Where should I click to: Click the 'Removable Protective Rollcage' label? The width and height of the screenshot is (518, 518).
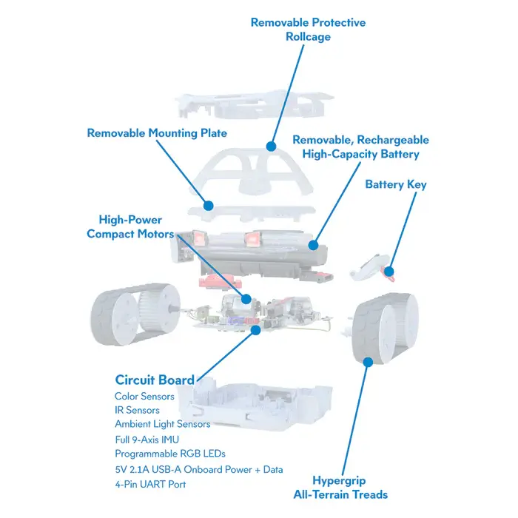click(x=308, y=29)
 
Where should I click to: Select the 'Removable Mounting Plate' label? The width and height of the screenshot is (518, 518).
click(x=157, y=133)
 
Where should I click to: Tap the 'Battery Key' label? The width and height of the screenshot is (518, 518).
click(x=395, y=184)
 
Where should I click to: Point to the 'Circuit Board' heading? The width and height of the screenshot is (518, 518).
click(x=155, y=380)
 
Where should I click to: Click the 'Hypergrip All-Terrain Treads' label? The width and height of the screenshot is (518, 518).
click(x=349, y=487)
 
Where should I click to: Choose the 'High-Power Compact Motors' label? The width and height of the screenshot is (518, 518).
click(x=130, y=226)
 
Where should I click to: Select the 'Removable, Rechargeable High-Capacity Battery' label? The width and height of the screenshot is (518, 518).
click(x=360, y=147)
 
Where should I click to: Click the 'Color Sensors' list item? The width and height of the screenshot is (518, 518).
click(x=144, y=396)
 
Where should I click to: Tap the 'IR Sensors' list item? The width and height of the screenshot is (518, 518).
click(x=137, y=410)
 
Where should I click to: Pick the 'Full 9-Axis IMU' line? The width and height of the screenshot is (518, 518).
click(x=147, y=439)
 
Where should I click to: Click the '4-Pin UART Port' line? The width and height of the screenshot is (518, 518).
click(x=150, y=484)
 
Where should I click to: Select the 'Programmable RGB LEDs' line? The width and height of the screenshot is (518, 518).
click(x=170, y=453)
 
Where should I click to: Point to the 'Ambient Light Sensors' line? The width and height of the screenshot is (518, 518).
click(x=162, y=424)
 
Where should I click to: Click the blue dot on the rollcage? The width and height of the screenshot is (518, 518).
click(x=271, y=147)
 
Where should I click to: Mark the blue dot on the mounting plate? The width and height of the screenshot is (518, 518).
click(x=209, y=204)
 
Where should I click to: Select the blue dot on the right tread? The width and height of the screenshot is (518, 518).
click(x=367, y=361)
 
